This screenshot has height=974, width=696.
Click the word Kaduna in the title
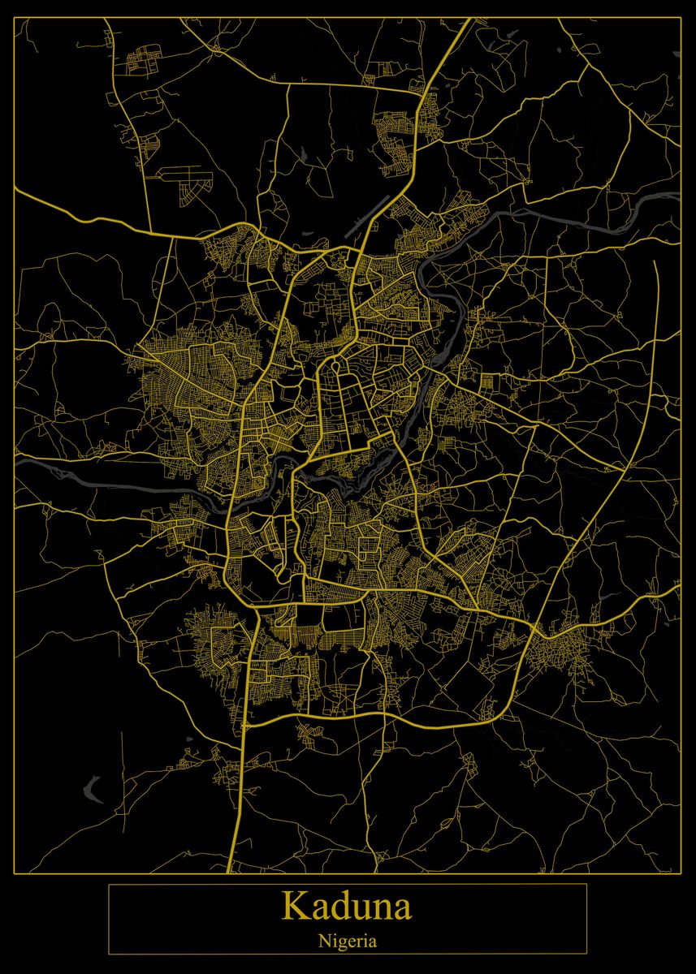[x=347, y=906]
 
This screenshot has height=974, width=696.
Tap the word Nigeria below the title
[x=347, y=942]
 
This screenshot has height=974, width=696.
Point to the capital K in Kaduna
[x=293, y=906]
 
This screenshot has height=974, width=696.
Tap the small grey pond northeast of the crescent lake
[x=188, y=740]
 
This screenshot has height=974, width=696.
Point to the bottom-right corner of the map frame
[x=681, y=873]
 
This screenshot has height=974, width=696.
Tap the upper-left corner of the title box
[x=109, y=884]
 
